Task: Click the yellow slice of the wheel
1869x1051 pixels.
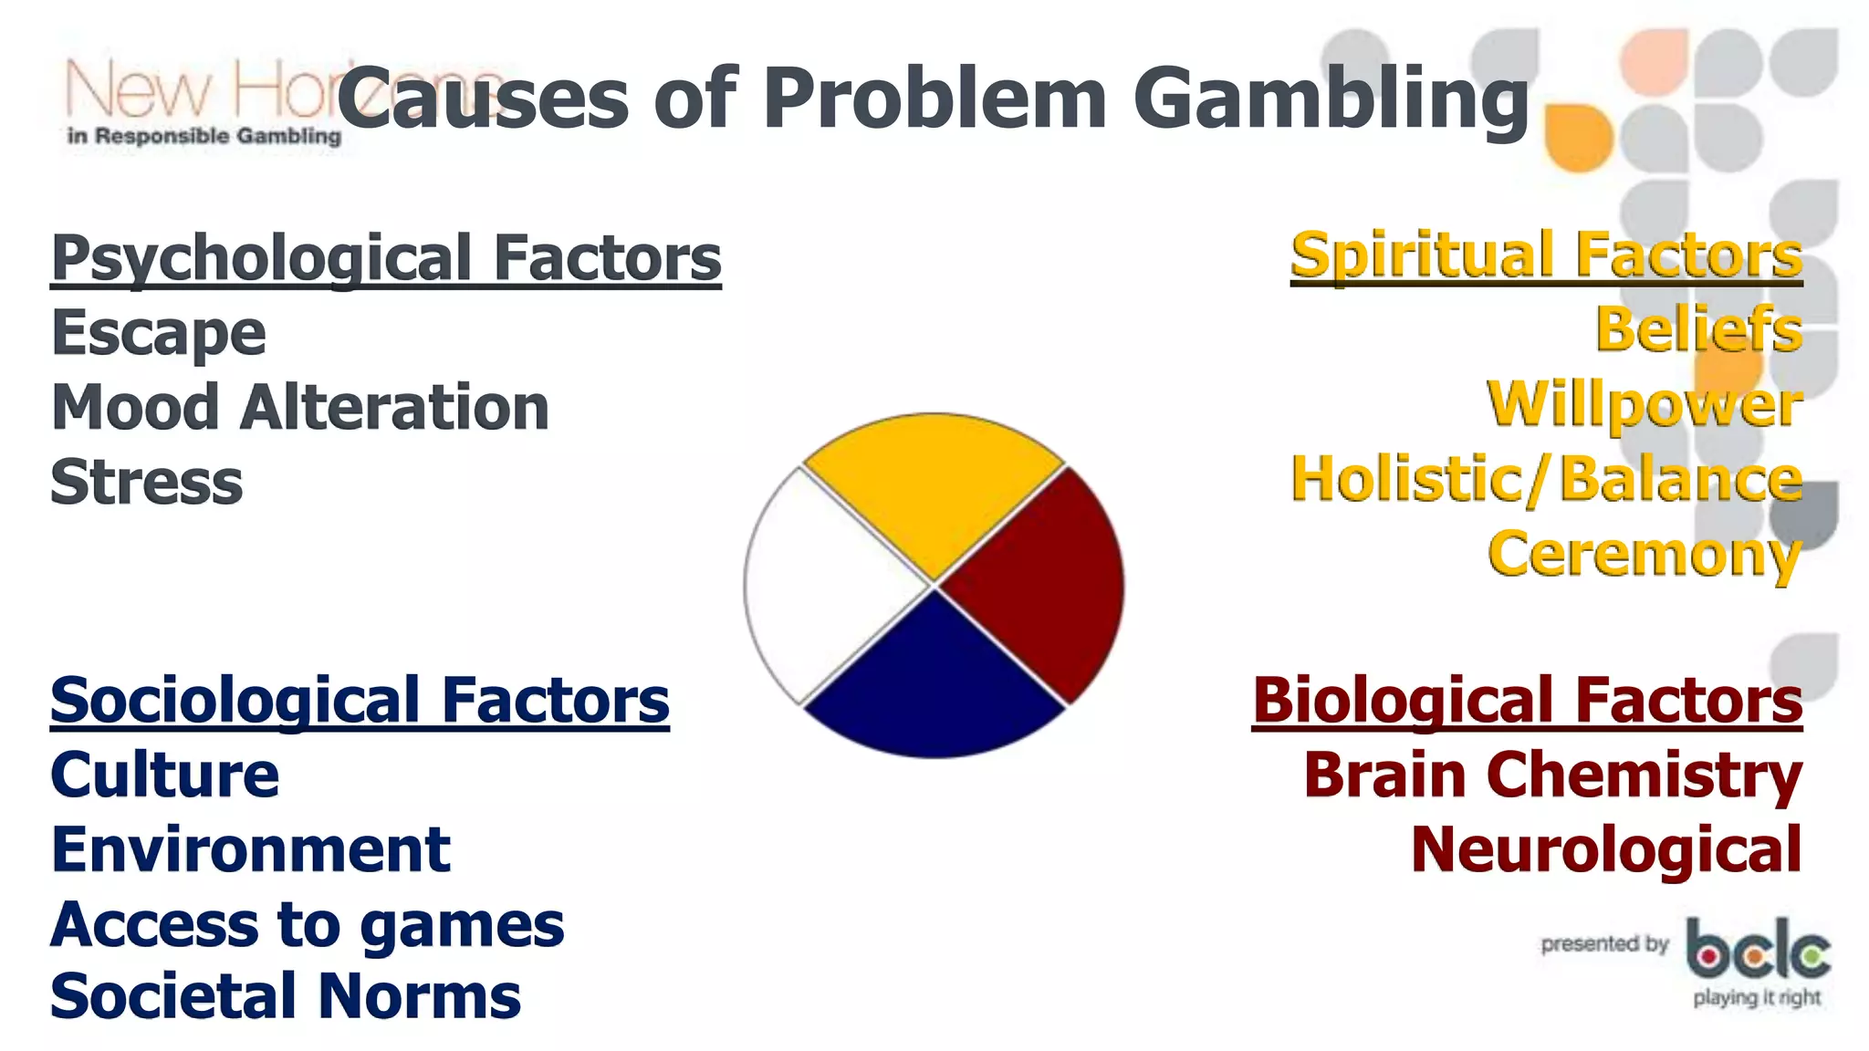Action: [x=934, y=488]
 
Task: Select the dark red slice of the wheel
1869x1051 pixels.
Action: [x=1040, y=585]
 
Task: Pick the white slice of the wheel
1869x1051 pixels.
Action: [x=826, y=585]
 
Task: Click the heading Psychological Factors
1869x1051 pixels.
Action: [x=386, y=258]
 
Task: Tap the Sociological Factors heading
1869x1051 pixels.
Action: [x=360, y=701]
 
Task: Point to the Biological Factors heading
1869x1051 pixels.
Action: [x=1527, y=701]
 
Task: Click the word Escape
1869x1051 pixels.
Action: [x=159, y=333]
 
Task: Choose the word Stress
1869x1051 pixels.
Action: [x=147, y=483]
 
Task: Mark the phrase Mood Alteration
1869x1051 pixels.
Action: [x=300, y=408]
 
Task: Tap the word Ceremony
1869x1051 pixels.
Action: [x=1645, y=554]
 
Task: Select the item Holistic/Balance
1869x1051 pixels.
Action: [x=1546, y=479]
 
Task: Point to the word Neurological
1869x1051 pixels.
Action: [x=1606, y=850]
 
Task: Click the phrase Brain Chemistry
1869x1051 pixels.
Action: [x=1552, y=775]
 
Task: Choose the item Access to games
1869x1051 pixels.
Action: [x=308, y=925]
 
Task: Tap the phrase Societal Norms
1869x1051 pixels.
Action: [x=286, y=995]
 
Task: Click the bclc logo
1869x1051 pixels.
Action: [x=1757, y=958]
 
